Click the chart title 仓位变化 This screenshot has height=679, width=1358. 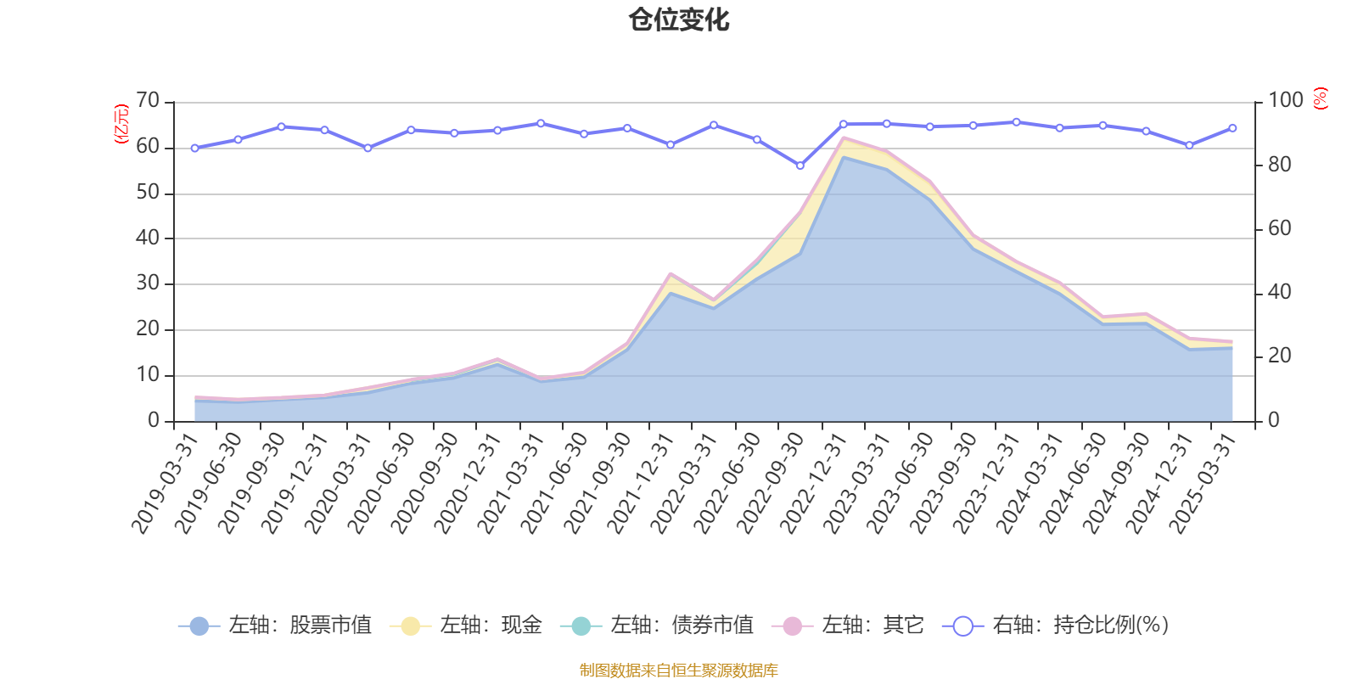[679, 20]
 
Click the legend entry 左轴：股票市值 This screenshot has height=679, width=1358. [275, 626]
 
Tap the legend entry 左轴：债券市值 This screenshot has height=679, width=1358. [657, 626]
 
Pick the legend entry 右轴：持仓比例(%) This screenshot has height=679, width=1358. [1056, 626]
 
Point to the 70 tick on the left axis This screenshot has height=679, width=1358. [148, 101]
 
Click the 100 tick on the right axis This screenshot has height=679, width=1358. [1285, 101]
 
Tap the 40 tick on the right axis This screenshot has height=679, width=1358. [1279, 292]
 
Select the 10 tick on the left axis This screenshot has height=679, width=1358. [148, 374]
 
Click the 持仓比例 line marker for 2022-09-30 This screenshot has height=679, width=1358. [800, 166]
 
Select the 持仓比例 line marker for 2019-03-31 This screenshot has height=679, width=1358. [194, 148]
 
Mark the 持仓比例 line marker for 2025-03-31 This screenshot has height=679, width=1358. [1232, 128]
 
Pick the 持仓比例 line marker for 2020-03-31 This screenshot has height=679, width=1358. [368, 148]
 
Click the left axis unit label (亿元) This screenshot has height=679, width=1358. [122, 124]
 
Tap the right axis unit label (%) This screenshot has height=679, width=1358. [1320, 98]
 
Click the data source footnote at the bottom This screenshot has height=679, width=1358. [679, 671]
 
